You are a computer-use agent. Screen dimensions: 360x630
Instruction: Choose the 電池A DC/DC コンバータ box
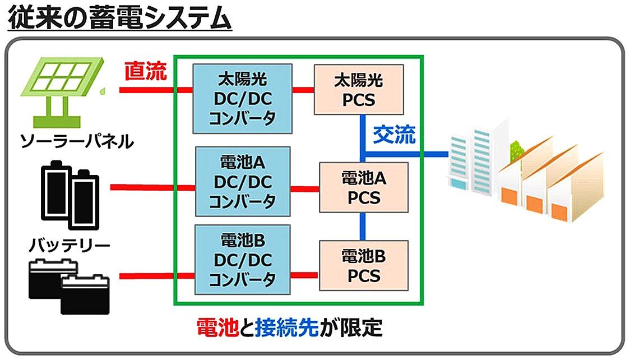pos(243,181)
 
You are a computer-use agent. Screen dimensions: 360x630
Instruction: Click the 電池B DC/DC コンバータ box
pos(243,260)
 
